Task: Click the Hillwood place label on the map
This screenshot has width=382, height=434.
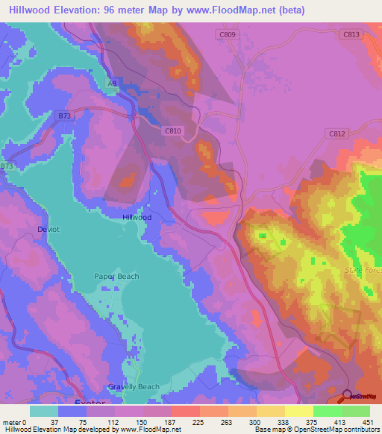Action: (x=137, y=217)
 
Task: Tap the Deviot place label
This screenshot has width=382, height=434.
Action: (x=48, y=230)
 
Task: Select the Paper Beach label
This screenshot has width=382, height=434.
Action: (x=116, y=277)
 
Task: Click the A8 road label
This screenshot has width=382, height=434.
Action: (x=112, y=84)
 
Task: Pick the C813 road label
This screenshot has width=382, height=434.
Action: (x=351, y=34)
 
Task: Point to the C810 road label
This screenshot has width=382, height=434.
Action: (x=173, y=130)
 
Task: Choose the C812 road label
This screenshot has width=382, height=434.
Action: (x=338, y=133)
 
